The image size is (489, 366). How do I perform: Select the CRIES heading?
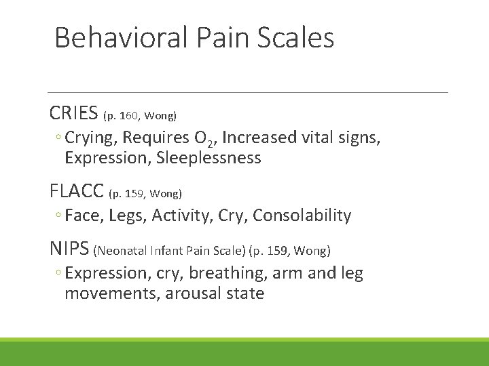click(73, 112)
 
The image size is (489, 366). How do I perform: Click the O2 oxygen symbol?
click(203, 139)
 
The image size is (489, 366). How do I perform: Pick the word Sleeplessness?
click(209, 158)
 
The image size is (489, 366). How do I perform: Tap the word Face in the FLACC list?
click(81, 216)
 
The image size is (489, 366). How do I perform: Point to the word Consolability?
click(302, 216)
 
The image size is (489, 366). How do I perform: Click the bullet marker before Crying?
click(59, 138)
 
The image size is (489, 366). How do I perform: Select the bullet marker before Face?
click(59, 216)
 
